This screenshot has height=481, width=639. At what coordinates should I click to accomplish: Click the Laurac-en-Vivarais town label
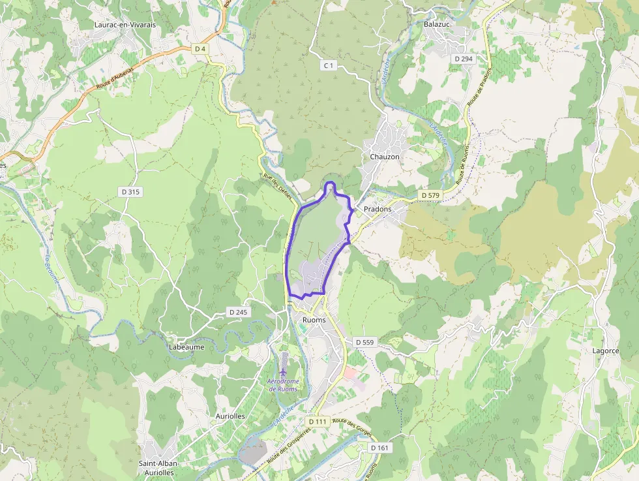coord(125,25)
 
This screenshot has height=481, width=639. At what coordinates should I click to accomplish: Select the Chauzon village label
coord(384,157)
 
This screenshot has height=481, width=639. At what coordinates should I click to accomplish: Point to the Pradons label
coord(378,209)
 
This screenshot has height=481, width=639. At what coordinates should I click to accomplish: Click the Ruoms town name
coord(314,320)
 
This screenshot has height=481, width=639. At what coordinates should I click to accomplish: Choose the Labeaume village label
coord(186,347)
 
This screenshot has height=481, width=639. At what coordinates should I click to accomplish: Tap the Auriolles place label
coord(230,415)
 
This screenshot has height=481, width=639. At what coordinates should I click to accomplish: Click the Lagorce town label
coord(605,350)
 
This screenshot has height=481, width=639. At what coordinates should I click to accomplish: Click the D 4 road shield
coord(200,49)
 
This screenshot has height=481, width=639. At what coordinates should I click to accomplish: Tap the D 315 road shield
coord(130,192)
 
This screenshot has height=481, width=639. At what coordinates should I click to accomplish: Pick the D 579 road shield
coord(431,195)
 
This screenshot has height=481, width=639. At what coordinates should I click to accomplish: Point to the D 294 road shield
coord(463,59)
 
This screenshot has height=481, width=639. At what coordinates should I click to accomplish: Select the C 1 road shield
coord(329,65)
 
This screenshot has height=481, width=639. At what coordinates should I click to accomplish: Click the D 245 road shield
coord(238,312)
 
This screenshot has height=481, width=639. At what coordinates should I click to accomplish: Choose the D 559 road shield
coord(365,342)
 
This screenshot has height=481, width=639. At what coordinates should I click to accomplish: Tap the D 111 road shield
coord(318,422)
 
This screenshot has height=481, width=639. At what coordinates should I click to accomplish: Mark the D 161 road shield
coord(379,448)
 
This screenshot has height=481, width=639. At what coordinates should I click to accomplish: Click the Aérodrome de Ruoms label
coord(283,385)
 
